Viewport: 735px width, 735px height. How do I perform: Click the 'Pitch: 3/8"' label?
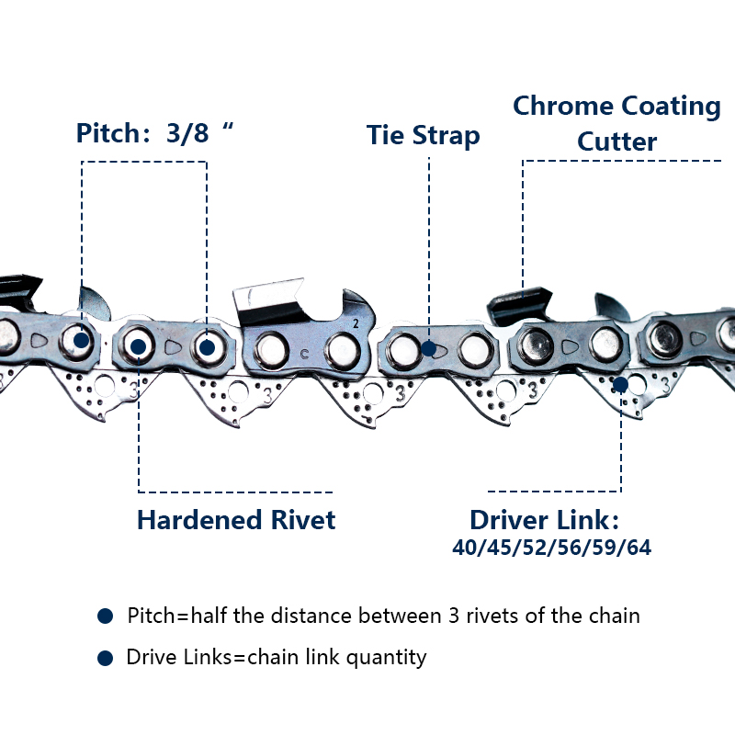[154, 133]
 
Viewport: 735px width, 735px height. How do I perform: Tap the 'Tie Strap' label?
[423, 135]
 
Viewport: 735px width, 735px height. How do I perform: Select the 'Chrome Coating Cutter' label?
[616, 123]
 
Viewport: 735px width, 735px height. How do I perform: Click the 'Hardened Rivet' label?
[236, 520]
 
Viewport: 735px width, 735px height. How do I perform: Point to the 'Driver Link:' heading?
[545, 520]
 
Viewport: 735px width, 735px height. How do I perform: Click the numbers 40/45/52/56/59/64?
[552, 548]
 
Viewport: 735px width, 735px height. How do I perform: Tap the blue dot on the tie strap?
[428, 348]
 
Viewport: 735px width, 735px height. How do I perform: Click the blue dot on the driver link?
[621, 384]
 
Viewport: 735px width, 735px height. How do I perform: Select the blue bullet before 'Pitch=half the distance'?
[105, 616]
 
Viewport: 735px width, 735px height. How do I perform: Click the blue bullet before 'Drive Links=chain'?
[105, 658]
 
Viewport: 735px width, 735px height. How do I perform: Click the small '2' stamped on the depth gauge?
[356, 323]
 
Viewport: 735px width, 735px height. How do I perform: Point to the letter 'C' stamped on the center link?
[303, 354]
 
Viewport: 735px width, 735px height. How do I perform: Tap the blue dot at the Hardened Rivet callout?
[138, 346]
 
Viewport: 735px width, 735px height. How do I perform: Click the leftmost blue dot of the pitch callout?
[82, 340]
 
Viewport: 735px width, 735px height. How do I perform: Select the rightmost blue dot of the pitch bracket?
[208, 347]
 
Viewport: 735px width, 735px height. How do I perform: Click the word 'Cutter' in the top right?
[616, 142]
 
